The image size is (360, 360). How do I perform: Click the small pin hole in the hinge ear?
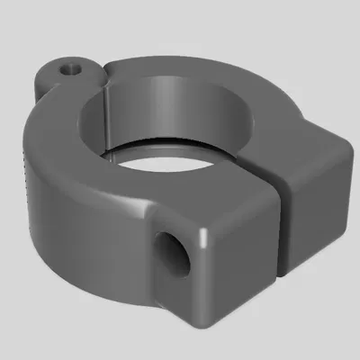click(x=69, y=67)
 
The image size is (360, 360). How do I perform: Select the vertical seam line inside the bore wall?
click(x=106, y=117)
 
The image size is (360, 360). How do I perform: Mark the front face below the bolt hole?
click(x=180, y=297)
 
